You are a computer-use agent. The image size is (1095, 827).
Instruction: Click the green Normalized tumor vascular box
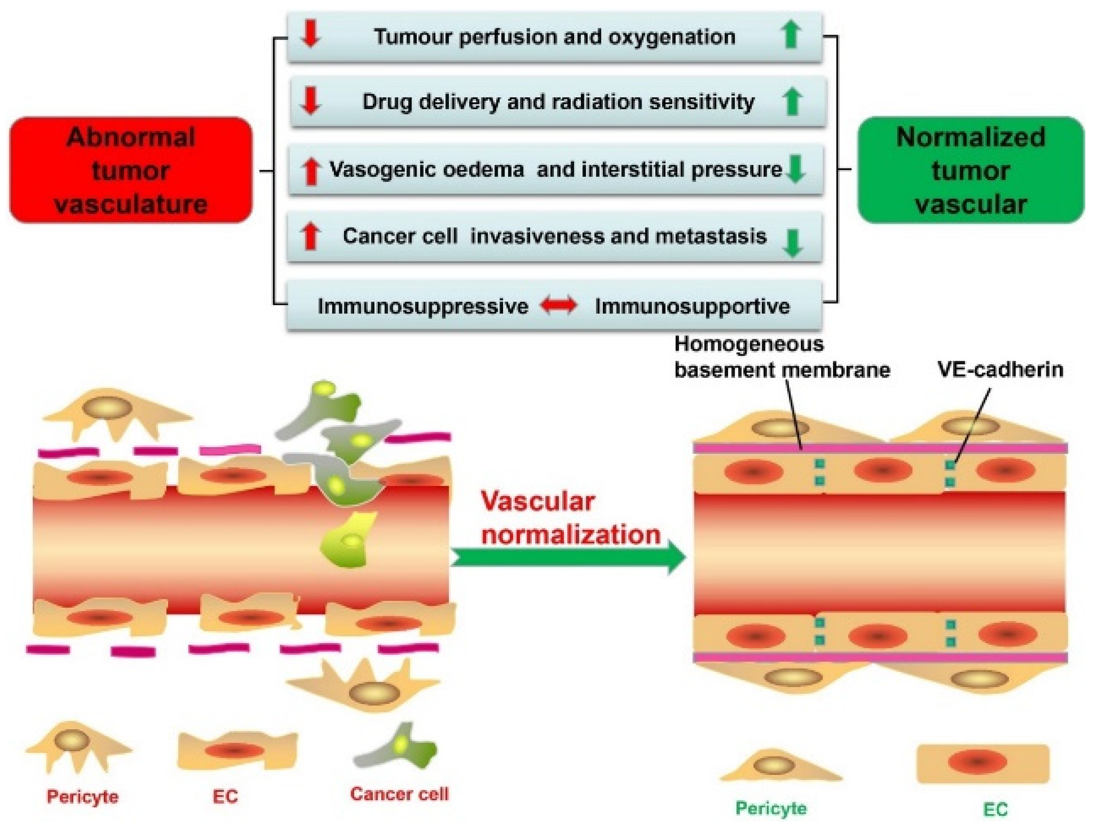point(970,170)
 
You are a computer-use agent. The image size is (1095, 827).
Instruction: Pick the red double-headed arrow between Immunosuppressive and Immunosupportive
point(559,305)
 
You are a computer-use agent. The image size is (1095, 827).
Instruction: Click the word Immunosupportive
point(692,306)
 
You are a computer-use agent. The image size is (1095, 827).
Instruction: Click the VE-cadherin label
point(1000,370)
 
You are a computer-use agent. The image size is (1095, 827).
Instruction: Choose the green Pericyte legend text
point(771,808)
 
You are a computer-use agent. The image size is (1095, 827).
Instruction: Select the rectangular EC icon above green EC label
point(982,763)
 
